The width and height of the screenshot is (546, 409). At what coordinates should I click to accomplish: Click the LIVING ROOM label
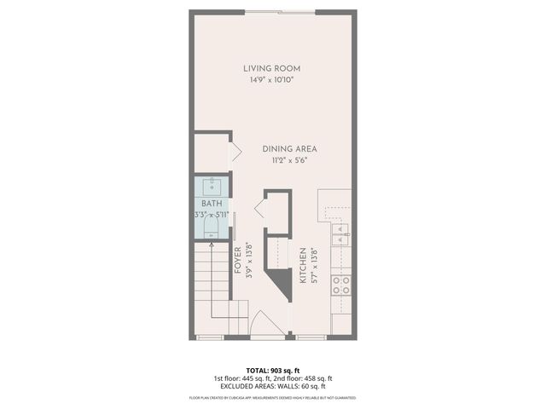click(272, 68)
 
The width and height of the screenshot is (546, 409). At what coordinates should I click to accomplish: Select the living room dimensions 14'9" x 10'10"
click(272, 79)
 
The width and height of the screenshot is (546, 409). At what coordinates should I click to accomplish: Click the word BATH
click(211, 204)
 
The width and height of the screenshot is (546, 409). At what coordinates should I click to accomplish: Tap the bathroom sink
click(212, 187)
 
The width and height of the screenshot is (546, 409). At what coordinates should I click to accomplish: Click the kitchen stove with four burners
click(341, 285)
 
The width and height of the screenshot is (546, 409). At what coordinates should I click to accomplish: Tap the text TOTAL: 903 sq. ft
click(272, 370)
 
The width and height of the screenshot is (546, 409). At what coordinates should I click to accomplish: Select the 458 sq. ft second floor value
click(317, 378)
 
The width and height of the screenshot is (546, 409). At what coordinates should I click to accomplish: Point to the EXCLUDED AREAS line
click(272, 387)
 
